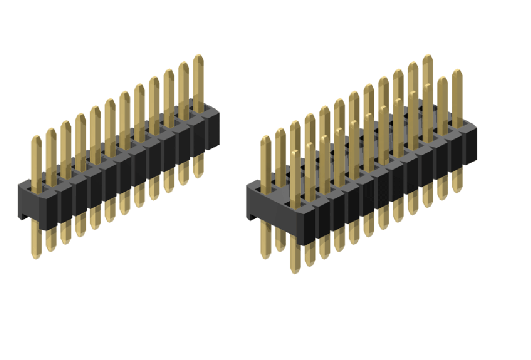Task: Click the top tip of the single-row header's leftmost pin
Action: pos(36,138)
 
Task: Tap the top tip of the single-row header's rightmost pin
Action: pos(198,57)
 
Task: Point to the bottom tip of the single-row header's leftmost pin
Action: pos(36,257)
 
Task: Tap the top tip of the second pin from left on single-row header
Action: pos(51,131)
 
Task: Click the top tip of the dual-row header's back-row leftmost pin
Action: pos(265,138)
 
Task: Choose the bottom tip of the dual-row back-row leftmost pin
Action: pos(265,256)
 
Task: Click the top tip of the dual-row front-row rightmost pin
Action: pos(457,72)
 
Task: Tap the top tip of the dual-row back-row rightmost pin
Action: pos(428,57)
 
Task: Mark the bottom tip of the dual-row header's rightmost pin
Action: pos(457,190)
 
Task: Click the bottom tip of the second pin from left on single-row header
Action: pos(50,249)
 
